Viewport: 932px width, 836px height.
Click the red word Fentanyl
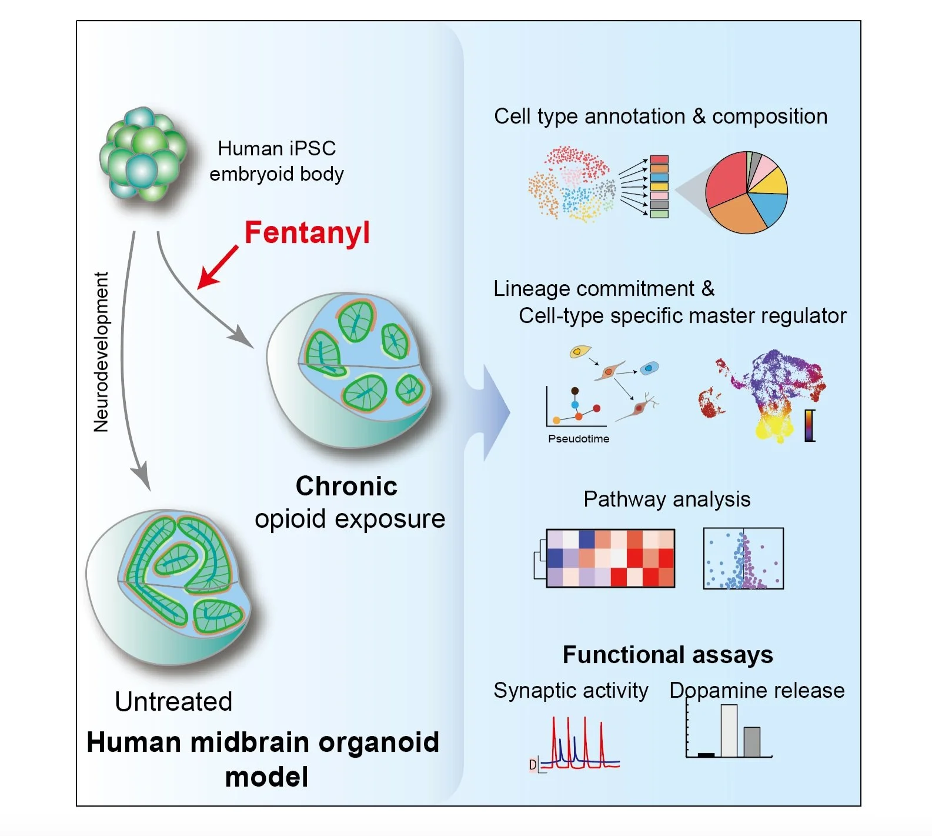click(307, 232)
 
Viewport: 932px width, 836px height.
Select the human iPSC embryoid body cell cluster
click(143, 155)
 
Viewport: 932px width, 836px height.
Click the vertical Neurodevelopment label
click(101, 352)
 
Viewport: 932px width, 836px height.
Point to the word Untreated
click(173, 701)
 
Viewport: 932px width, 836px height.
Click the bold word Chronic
click(346, 487)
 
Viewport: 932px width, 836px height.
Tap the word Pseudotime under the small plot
click(579, 439)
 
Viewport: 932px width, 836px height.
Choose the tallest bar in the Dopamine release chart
click(729, 731)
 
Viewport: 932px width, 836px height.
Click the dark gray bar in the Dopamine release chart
click(751, 742)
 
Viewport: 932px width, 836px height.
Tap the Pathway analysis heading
click(667, 499)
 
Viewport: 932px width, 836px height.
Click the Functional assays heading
click(667, 655)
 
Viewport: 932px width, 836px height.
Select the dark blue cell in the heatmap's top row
click(586, 539)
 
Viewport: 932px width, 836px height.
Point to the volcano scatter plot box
click(743, 558)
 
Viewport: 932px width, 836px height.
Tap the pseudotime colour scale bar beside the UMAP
click(810, 425)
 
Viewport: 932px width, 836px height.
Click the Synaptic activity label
click(570, 691)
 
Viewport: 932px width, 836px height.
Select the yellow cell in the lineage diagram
click(579, 352)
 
